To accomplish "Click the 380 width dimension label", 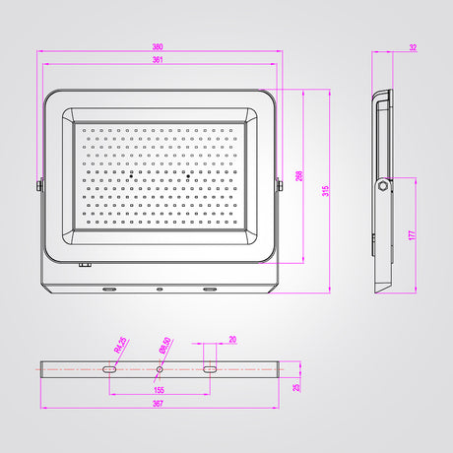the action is [158, 47].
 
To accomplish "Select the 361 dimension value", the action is [158, 60].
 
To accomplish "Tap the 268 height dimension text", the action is [299, 176].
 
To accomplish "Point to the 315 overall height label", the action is [325, 191].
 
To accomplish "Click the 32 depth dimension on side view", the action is [413, 47].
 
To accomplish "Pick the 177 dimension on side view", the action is [412, 235].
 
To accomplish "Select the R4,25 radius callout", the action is [120, 345].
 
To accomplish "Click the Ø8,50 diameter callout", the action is [164, 346].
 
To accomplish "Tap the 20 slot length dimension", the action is [232, 340].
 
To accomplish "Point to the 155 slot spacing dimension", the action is [159, 390].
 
